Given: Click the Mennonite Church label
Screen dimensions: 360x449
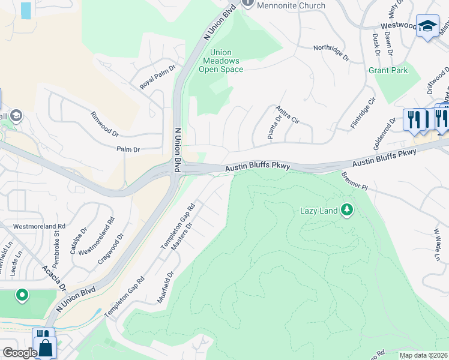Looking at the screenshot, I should (291, 5).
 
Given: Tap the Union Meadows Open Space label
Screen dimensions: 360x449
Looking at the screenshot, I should (221, 61).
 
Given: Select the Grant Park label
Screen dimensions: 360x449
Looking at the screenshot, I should (388, 70).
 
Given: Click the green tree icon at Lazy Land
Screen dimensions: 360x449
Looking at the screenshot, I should (346, 210).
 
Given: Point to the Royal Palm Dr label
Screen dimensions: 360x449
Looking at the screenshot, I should (157, 76).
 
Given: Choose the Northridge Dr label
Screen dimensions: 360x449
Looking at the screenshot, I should (331, 52).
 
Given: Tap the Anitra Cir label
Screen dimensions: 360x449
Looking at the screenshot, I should (287, 113).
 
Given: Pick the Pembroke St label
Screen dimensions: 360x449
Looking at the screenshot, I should (58, 235).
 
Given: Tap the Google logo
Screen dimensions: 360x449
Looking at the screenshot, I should (19, 353).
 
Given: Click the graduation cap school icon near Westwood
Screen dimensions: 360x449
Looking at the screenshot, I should (427, 26).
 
